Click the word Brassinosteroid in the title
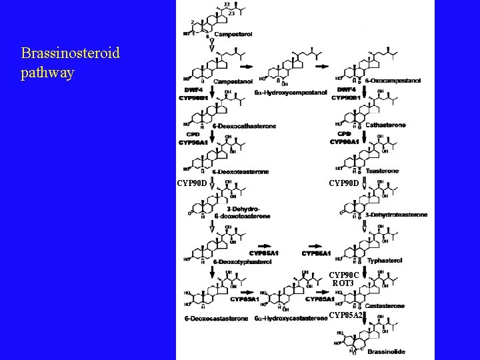[71, 53]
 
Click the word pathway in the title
[47, 73]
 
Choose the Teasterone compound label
[382, 171]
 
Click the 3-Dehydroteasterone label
[397, 215]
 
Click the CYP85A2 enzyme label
[346, 314]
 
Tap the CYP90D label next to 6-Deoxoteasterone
[193, 182]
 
